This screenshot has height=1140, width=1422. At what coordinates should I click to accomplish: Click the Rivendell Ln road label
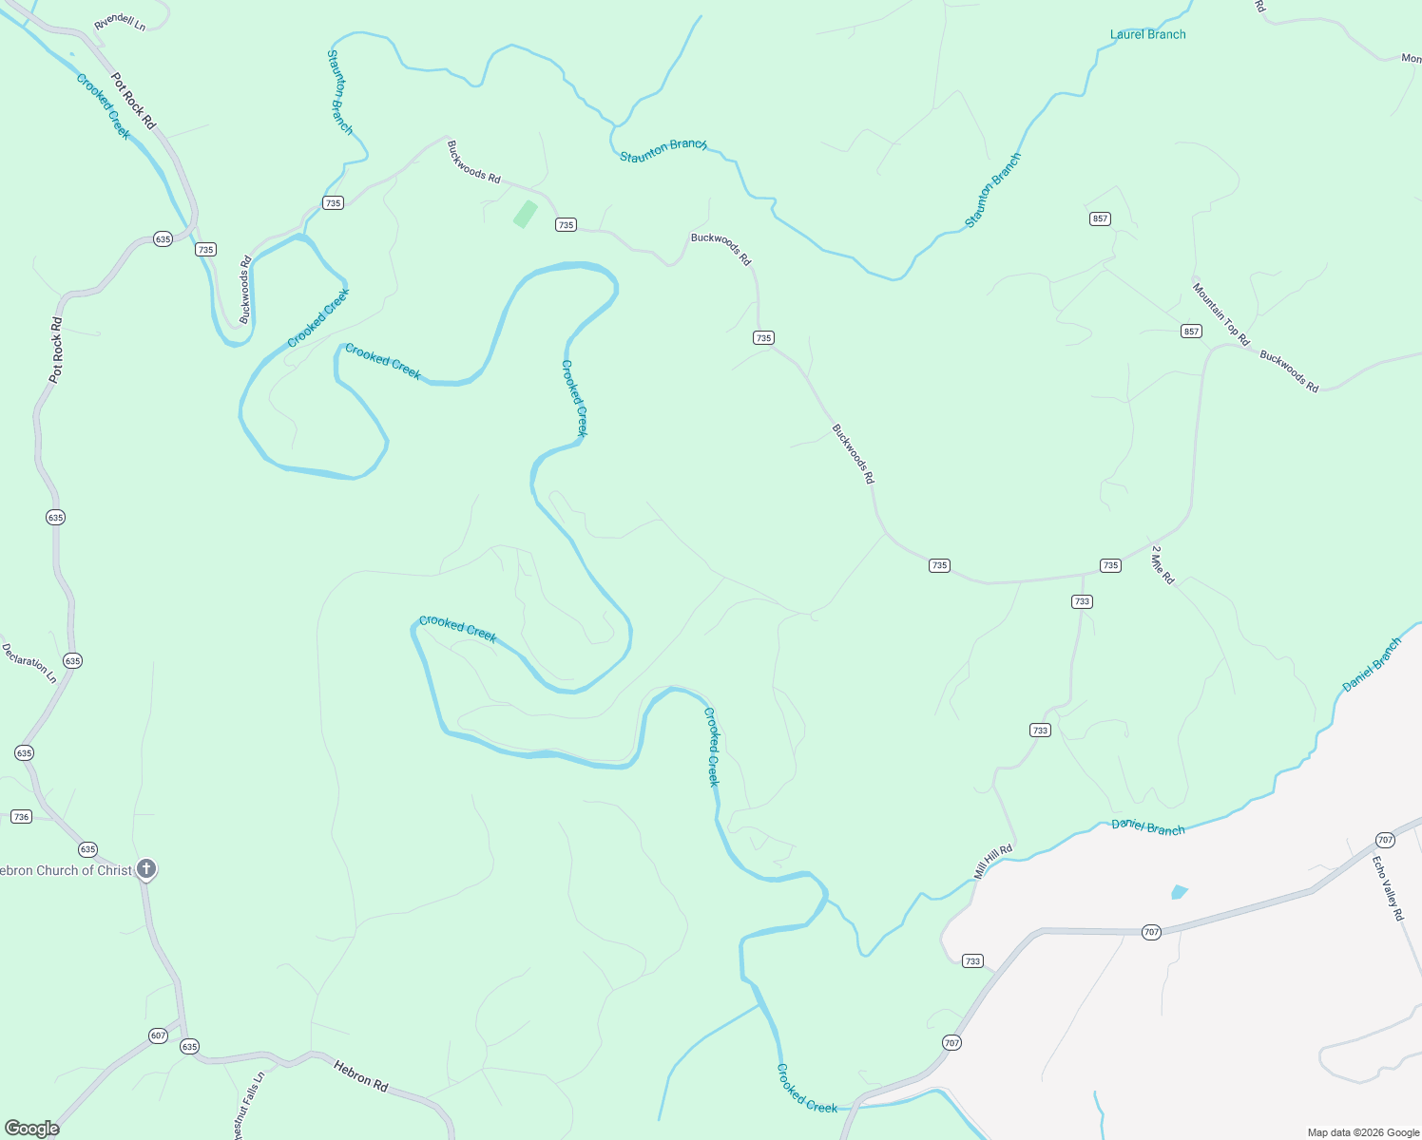click(x=120, y=22)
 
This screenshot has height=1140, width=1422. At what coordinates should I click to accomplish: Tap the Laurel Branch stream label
click(x=1147, y=34)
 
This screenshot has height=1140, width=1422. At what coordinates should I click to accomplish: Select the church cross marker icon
click(x=145, y=868)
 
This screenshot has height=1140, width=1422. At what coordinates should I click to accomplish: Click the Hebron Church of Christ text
click(x=65, y=870)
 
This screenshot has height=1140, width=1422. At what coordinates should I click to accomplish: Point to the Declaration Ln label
click(x=29, y=663)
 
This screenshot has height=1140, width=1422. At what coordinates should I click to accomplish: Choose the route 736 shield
click(x=21, y=817)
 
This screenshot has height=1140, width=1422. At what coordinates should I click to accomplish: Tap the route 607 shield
click(x=158, y=1035)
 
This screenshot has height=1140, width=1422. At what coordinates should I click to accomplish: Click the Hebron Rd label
click(x=361, y=1076)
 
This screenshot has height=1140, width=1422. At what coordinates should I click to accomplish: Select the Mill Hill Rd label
click(x=993, y=862)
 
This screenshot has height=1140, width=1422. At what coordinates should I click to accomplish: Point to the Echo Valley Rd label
click(x=1388, y=888)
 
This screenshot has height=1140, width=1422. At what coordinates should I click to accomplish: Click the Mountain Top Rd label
click(x=1221, y=313)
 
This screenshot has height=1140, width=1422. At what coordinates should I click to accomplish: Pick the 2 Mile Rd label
click(x=1163, y=564)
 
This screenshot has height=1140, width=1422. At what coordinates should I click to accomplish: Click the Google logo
click(x=32, y=1129)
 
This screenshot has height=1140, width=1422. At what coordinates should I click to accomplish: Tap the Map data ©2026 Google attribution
click(x=1363, y=1132)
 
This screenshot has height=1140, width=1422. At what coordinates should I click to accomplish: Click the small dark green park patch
click(x=525, y=214)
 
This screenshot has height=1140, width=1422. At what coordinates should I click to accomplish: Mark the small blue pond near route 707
click(x=1180, y=892)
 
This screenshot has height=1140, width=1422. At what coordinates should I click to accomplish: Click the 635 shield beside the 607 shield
click(x=189, y=1047)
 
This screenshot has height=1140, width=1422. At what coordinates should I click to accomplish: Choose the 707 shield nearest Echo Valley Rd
click(x=1384, y=840)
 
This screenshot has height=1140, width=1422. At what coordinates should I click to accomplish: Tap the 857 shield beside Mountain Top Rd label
click(x=1191, y=332)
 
